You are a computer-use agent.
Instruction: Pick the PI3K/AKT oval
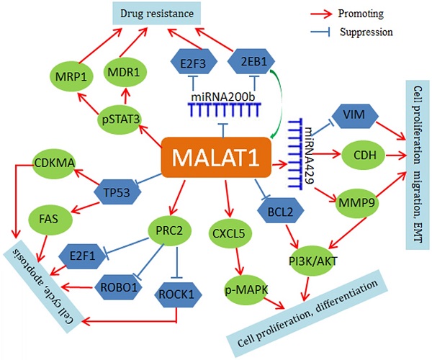pos(319,260)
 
